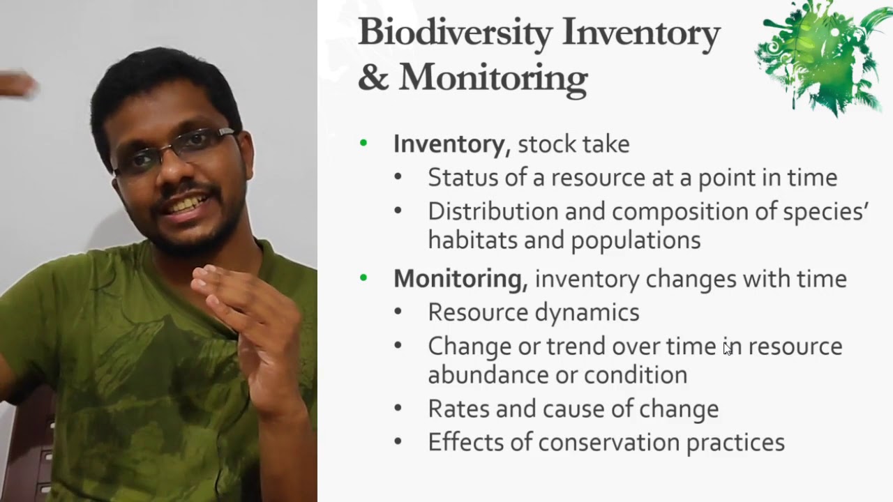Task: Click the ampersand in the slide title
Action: point(373,77)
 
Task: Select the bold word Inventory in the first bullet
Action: point(449,144)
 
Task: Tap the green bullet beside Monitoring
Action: point(363,278)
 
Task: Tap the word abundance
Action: point(486,375)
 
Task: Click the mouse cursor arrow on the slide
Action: point(728,349)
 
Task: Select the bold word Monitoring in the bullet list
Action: point(457,279)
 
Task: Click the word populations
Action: point(636,240)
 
